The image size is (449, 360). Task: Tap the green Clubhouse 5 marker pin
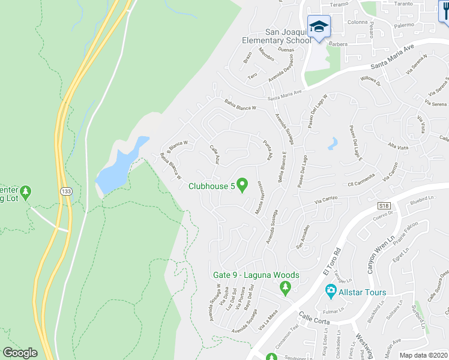click(x=243, y=184)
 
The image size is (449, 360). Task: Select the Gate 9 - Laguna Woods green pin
click(x=285, y=288)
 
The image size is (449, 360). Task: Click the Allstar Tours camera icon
click(x=330, y=292)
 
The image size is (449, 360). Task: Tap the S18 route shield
click(x=384, y=206)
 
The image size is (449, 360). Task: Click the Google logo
click(x=20, y=353)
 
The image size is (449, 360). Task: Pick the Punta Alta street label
click(x=268, y=149)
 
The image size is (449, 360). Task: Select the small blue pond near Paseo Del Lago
click(x=332, y=143)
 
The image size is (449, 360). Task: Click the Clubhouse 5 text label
click(x=211, y=186)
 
